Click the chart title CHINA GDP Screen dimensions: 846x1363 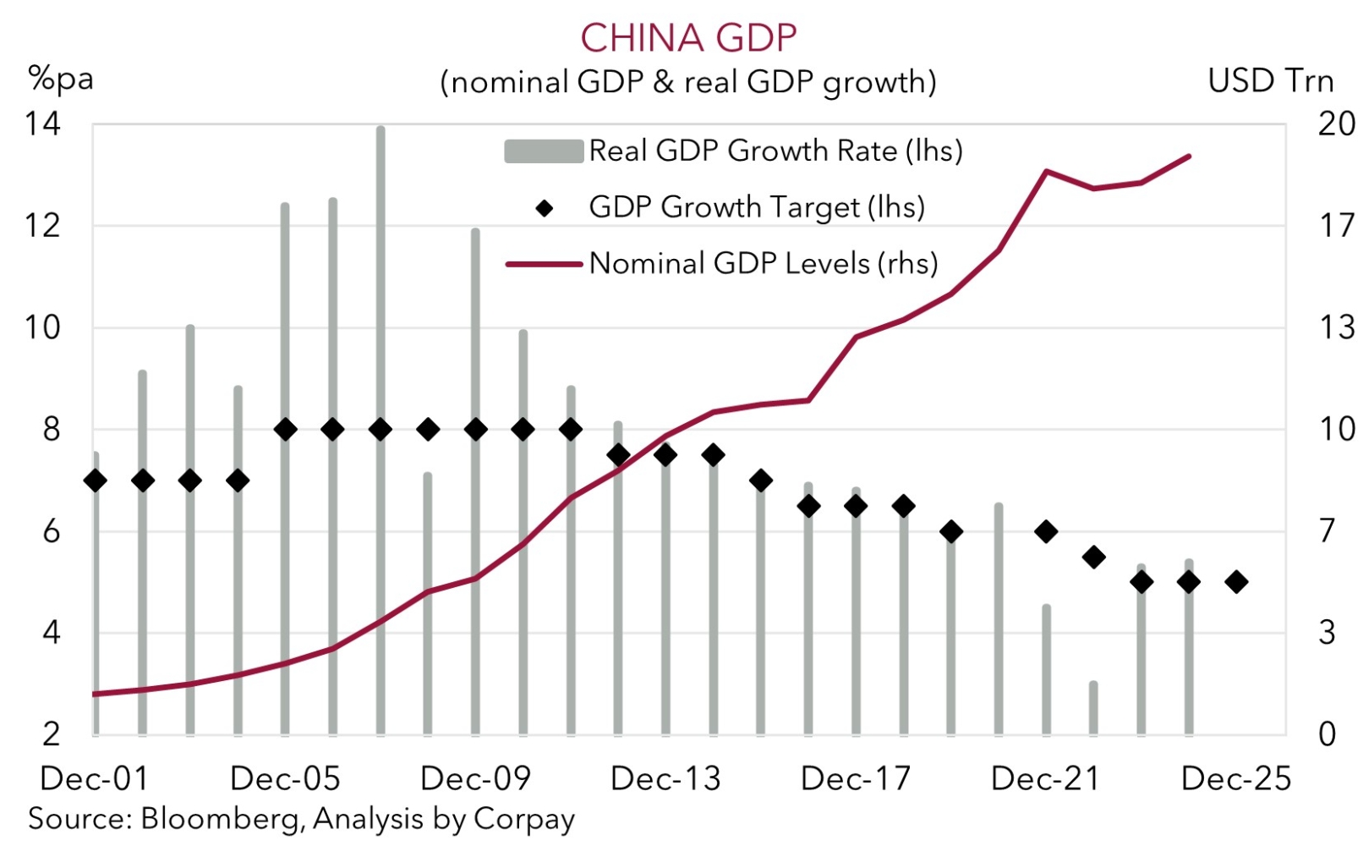click(x=688, y=38)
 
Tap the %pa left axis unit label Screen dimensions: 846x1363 click(x=60, y=79)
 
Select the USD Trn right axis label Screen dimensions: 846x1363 click(x=1270, y=80)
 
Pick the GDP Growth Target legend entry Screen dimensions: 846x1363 click(x=756, y=206)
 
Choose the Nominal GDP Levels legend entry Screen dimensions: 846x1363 click(x=763, y=263)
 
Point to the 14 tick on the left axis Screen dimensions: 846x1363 click(x=43, y=124)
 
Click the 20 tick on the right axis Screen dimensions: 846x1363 click(x=1336, y=124)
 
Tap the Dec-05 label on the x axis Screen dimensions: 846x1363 click(x=285, y=778)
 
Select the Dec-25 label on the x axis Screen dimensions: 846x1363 click(x=1236, y=778)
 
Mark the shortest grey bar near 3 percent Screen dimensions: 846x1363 click(x=1093, y=707)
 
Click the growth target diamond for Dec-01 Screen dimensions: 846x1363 click(x=96, y=481)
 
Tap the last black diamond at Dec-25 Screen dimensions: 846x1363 click(x=1236, y=582)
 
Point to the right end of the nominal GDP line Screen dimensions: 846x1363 click(x=1190, y=157)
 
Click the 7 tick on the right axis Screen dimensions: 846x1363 click(x=1327, y=531)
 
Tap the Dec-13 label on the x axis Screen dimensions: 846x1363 click(x=665, y=778)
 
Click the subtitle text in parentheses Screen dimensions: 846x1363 click(x=688, y=82)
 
